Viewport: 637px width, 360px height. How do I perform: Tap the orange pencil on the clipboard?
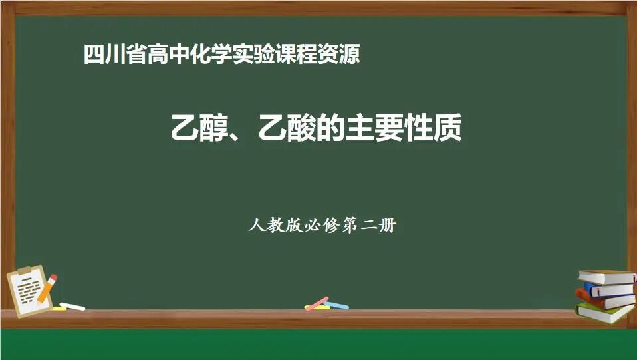47,288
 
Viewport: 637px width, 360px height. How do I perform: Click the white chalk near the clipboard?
72,307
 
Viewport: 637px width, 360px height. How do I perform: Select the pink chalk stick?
317,303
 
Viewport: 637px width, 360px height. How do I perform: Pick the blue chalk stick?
336,306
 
